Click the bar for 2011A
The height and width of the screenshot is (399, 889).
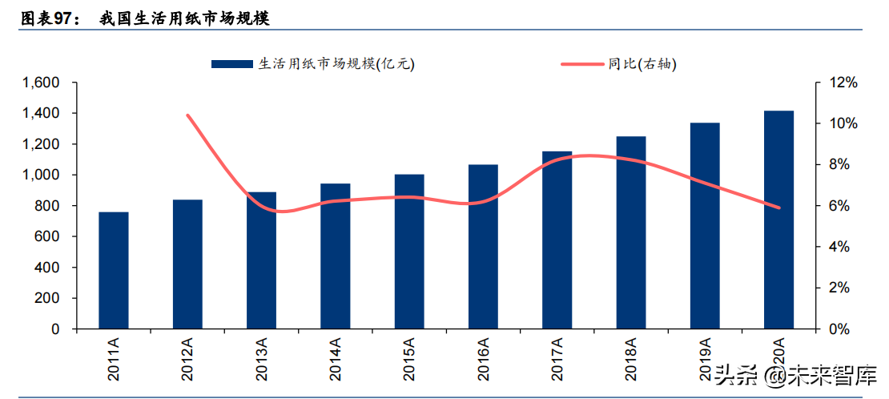[114, 270]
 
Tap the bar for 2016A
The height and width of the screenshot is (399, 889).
[483, 246]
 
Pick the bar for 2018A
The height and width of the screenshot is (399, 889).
[630, 232]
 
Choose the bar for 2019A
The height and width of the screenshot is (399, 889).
[705, 225]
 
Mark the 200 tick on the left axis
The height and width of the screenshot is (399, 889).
[50, 298]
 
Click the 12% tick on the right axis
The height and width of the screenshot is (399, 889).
[843, 83]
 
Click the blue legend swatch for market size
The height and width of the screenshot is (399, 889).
[232, 64]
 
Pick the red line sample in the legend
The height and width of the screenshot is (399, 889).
[582, 64]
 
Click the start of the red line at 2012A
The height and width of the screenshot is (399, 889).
[188, 115]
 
